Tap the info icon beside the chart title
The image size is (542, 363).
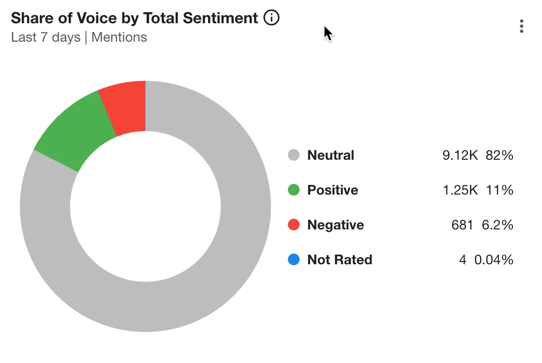(271, 18)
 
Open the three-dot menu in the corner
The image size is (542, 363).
(521, 26)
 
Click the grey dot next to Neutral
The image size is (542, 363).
(294, 155)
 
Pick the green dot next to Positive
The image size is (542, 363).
(294, 190)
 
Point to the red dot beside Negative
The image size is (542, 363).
(294, 225)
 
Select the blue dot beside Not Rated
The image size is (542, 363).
(294, 260)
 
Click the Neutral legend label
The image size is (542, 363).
(331, 155)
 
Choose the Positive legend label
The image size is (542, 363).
(332, 190)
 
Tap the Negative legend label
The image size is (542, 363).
(335, 225)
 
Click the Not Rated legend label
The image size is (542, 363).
(340, 260)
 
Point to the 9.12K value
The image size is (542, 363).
(460, 155)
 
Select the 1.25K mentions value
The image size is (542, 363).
(460, 190)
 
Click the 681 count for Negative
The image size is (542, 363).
(462, 225)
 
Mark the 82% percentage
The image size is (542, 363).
(500, 155)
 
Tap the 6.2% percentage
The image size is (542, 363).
(497, 225)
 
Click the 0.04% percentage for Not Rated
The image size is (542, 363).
(494, 260)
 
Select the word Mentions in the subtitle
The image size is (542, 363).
(119, 37)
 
